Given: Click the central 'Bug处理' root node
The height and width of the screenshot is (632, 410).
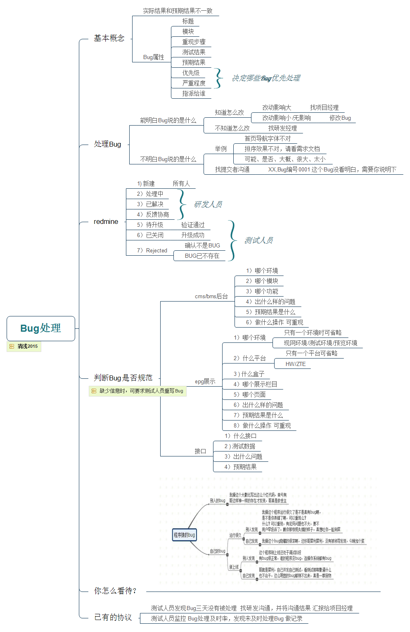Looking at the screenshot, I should pyautogui.click(x=40, y=328).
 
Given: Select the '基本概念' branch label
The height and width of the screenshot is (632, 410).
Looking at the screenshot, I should pyautogui.click(x=109, y=38).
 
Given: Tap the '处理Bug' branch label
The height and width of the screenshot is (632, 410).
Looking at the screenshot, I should pyautogui.click(x=107, y=144).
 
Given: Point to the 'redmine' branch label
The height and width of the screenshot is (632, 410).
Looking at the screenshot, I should pyautogui.click(x=106, y=222).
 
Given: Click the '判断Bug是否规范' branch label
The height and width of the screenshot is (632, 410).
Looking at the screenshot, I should pyautogui.click(x=123, y=378).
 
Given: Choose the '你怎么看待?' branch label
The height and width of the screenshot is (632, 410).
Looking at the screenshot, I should pyautogui.click(x=115, y=591).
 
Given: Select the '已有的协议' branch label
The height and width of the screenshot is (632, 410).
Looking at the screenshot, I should pyautogui.click(x=113, y=618).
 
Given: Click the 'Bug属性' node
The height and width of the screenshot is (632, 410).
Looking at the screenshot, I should pyautogui.click(x=154, y=57).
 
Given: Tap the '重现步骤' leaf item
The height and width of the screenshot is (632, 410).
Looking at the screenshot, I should pyautogui.click(x=194, y=42).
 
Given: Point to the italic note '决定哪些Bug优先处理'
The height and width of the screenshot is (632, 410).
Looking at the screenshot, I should pyautogui.click(x=266, y=78).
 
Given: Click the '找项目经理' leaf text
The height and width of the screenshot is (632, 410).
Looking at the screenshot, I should pyautogui.click(x=324, y=108).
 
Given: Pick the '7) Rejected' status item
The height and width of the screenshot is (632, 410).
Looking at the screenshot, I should pyautogui.click(x=152, y=251).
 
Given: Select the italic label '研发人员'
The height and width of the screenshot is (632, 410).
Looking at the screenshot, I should pyautogui.click(x=208, y=204).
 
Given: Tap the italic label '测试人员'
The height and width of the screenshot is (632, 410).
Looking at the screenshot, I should pyautogui.click(x=258, y=240).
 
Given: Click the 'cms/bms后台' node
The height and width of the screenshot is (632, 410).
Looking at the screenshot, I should pyautogui.click(x=211, y=297).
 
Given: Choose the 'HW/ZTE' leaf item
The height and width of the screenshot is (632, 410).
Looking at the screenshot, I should pyautogui.click(x=296, y=364).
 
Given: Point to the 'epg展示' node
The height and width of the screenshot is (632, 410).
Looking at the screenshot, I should pyautogui.click(x=205, y=382).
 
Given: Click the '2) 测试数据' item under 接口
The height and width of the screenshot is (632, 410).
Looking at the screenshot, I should pyautogui.click(x=239, y=447).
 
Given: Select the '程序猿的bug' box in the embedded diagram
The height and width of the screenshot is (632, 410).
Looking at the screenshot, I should pyautogui.click(x=184, y=535).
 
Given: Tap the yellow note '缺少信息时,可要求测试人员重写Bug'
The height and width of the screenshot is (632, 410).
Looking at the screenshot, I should pyautogui.click(x=138, y=391).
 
